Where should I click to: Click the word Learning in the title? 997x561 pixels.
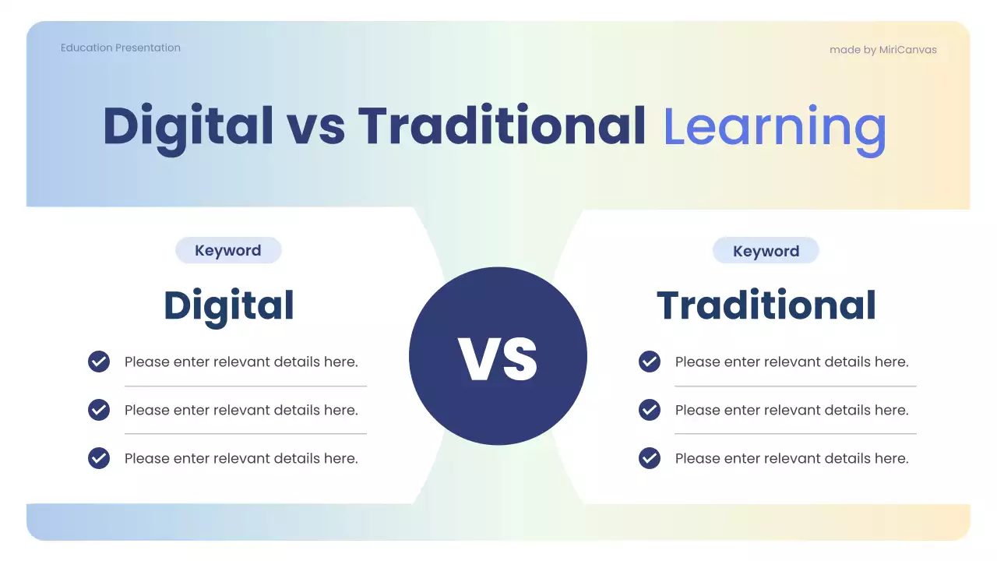tap(774, 127)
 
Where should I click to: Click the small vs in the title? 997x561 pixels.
tap(315, 127)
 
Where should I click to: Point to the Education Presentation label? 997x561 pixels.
tap(121, 48)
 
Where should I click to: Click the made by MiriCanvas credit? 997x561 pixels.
tap(883, 50)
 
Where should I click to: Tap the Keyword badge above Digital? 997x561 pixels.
tap(228, 251)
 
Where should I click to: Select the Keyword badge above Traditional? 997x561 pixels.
tap(766, 252)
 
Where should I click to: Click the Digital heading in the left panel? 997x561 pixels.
tap(229, 305)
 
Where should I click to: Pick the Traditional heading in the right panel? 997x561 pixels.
tap(766, 305)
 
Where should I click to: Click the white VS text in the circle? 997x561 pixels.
tap(498, 358)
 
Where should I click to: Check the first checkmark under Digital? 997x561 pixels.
tap(99, 362)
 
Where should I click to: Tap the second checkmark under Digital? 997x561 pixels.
tap(99, 410)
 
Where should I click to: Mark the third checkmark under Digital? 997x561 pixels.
tap(99, 458)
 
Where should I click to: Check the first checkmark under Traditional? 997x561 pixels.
tap(650, 362)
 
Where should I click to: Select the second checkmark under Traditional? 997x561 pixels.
tap(650, 410)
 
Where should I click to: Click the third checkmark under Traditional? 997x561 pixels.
tap(650, 458)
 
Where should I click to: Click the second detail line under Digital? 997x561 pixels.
tap(241, 410)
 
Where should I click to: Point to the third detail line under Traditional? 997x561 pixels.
tap(791, 458)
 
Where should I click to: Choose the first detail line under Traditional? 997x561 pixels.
tap(791, 362)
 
